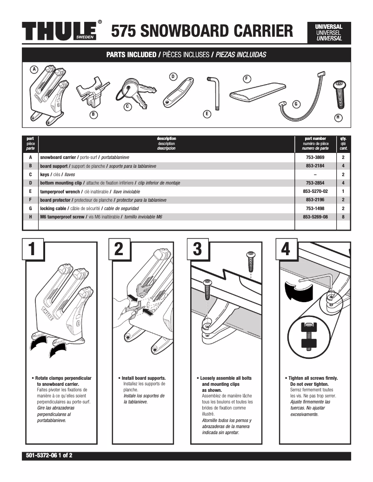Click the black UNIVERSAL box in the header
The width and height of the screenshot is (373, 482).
point(329,33)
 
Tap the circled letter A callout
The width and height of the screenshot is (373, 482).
point(33,69)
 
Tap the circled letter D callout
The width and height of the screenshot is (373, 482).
point(173,76)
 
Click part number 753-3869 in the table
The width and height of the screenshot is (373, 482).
point(315,158)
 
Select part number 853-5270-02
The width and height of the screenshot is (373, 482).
point(315,191)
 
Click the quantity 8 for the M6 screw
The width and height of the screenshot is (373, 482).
point(343,217)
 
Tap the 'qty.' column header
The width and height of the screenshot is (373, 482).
point(343,139)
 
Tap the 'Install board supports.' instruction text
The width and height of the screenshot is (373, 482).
point(143,378)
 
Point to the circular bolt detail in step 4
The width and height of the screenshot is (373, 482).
point(306,336)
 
